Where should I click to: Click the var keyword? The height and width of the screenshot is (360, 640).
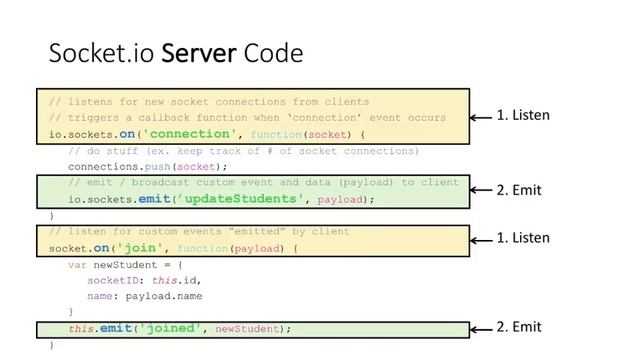76,264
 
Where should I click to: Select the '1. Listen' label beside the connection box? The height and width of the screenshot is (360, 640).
523,115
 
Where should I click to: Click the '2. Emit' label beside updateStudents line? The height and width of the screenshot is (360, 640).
518,189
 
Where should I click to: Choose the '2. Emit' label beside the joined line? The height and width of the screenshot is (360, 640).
518,327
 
